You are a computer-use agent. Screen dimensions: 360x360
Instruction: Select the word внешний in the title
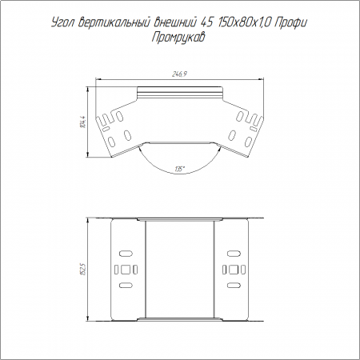[175, 23]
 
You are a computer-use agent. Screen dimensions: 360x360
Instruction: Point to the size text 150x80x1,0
[245, 23]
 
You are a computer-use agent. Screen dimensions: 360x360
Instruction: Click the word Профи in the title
[291, 23]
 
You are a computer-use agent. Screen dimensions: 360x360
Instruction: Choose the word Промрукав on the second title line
[178, 38]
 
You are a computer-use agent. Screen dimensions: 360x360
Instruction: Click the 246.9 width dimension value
[179, 74]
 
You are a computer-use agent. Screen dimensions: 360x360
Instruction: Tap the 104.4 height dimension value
[83, 122]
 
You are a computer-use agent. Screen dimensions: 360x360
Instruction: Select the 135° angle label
[180, 169]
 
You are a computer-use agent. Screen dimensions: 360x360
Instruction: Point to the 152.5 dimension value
[83, 269]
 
